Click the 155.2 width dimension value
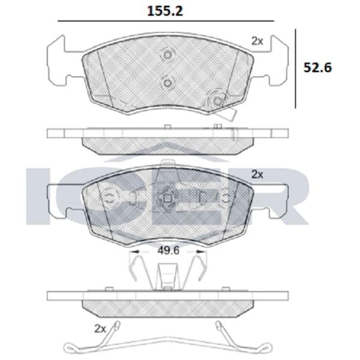coord(165,11)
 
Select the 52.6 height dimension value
coord(318,67)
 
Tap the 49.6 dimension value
coord(168,251)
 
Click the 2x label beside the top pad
coord(257,41)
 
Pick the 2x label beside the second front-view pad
coord(257,175)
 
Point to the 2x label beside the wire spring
coord(100,329)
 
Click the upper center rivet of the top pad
coord(168,55)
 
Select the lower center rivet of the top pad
coord(168,82)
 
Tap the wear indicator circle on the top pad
coord(217,101)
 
